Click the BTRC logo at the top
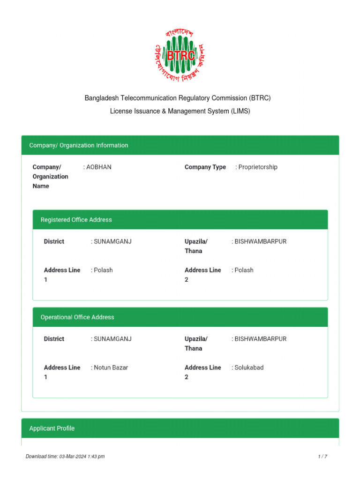(180, 55)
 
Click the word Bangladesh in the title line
(101, 98)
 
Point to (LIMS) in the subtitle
(240, 111)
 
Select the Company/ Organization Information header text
(78, 145)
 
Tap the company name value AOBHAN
(98, 167)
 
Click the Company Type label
(205, 167)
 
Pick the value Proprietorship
(257, 167)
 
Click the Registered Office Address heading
(76, 219)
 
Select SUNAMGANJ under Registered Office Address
(112, 241)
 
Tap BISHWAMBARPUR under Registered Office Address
(260, 241)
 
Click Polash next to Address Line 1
(103, 270)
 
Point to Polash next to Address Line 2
(244, 270)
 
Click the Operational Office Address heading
(77, 317)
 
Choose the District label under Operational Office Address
(54, 339)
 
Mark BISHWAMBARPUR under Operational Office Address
(260, 339)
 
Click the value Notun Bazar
(111, 367)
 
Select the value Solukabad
(249, 367)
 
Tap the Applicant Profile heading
(52, 428)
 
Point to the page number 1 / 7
(322, 456)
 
